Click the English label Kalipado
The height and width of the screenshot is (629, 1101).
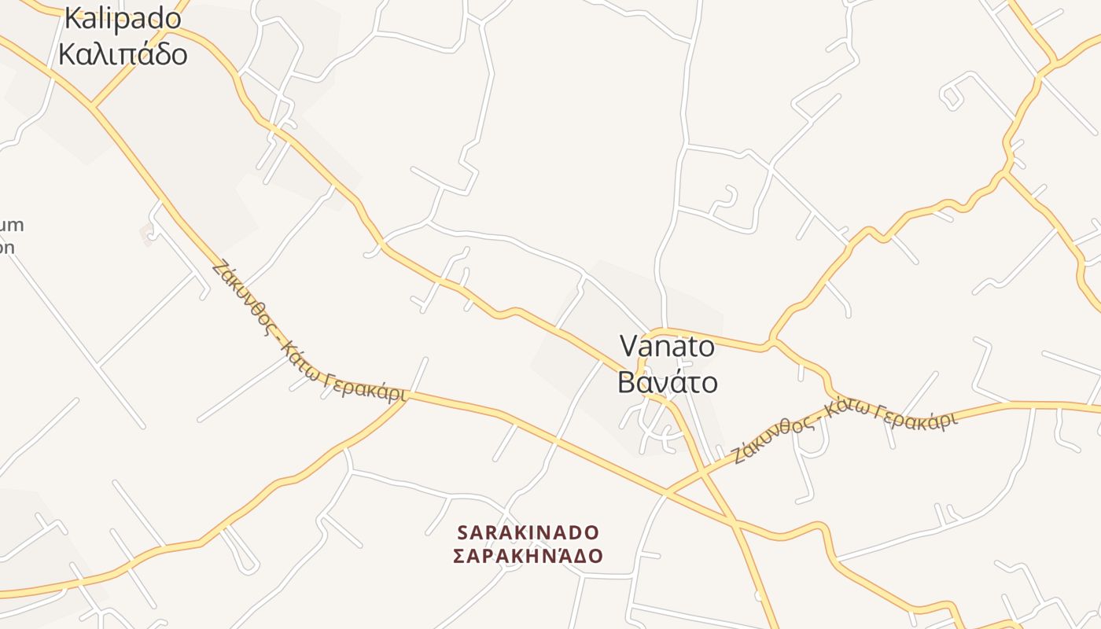coord(123,17)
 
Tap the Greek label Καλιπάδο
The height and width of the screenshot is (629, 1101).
coord(123,53)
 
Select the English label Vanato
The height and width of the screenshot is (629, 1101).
coord(667,346)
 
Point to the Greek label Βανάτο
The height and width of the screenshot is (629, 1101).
coord(667,382)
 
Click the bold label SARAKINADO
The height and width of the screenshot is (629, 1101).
coord(528,532)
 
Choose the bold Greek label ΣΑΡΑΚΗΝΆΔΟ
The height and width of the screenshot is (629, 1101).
coord(528,556)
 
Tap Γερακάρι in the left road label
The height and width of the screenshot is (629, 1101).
coord(368,385)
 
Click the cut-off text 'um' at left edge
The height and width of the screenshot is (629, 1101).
coord(12,226)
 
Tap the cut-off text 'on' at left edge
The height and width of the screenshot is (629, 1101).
coord(7,247)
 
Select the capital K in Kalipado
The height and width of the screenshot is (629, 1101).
coord(73,17)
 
